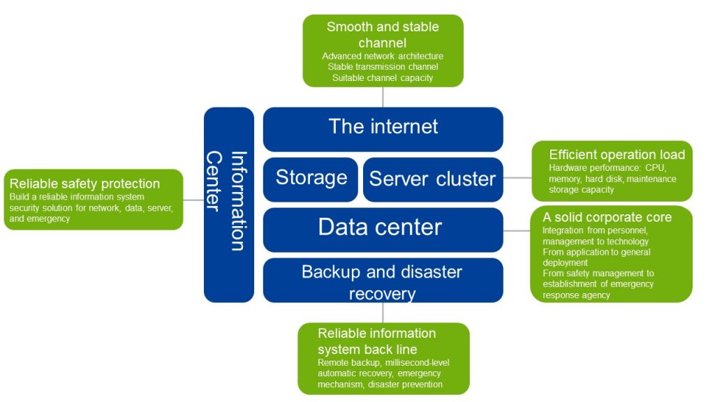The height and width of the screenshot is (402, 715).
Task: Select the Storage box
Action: tap(311, 179)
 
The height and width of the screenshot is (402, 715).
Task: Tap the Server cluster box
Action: tap(433, 179)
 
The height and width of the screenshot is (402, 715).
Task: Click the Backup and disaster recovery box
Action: tap(383, 281)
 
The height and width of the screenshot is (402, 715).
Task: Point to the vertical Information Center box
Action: tap(228, 204)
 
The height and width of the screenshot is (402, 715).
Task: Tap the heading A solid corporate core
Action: tap(607, 217)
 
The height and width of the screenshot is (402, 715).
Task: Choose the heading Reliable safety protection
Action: tap(84, 184)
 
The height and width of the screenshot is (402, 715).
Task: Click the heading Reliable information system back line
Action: tap(376, 341)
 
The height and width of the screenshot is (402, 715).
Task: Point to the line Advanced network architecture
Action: tap(383, 56)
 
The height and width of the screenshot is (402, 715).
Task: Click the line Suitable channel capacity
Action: tap(383, 77)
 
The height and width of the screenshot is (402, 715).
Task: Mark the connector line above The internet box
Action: tap(383, 97)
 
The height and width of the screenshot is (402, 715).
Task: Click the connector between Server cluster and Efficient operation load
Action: tap(517, 178)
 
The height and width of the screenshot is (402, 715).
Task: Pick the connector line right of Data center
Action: tap(517, 230)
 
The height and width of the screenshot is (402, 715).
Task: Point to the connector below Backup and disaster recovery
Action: tap(383, 313)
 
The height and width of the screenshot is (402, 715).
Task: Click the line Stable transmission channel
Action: tap(383, 67)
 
